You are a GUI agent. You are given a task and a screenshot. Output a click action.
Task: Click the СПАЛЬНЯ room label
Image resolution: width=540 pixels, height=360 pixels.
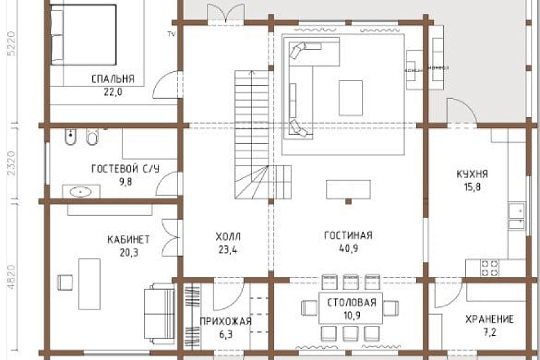113,79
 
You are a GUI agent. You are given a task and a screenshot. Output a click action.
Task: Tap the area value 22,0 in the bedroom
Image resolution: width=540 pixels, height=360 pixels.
113,92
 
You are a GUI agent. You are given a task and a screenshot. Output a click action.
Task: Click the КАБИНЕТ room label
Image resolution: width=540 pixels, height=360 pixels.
128,238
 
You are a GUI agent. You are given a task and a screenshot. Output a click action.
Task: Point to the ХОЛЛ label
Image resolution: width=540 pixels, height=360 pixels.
228,236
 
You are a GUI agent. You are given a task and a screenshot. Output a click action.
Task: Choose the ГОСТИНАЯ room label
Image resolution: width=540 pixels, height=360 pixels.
348,236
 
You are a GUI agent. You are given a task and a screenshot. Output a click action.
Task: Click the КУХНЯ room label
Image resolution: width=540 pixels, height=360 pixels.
472,174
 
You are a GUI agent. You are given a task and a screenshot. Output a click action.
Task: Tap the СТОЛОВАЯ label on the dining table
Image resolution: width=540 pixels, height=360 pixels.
351,302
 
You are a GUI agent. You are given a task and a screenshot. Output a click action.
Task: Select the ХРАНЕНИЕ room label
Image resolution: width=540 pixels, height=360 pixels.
489,319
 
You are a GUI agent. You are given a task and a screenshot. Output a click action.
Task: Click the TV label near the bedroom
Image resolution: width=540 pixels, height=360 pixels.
171,33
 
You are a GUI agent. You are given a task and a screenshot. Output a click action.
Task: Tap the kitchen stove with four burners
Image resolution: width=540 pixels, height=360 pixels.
490,267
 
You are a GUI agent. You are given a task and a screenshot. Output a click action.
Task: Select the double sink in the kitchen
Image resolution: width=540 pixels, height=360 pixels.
516,217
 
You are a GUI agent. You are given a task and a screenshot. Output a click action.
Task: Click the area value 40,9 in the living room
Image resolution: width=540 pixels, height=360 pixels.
348,249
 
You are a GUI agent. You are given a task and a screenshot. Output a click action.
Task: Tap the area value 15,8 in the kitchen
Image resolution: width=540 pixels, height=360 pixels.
472,187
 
